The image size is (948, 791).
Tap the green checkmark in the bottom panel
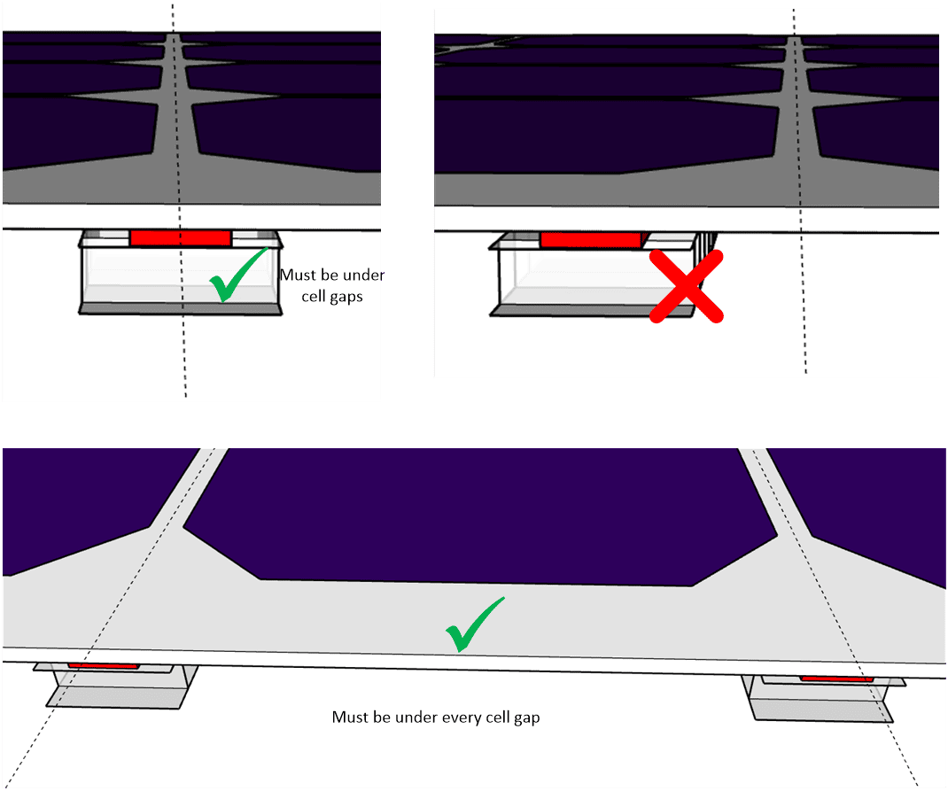[x=474, y=624]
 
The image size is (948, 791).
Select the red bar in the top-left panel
[x=180, y=237]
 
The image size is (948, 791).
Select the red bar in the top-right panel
[x=590, y=239]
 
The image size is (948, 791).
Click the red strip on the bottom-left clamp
[x=104, y=665]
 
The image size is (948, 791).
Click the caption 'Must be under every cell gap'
[x=435, y=717]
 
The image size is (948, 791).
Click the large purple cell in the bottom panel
[x=478, y=514]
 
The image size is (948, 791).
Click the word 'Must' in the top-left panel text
[x=296, y=275]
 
